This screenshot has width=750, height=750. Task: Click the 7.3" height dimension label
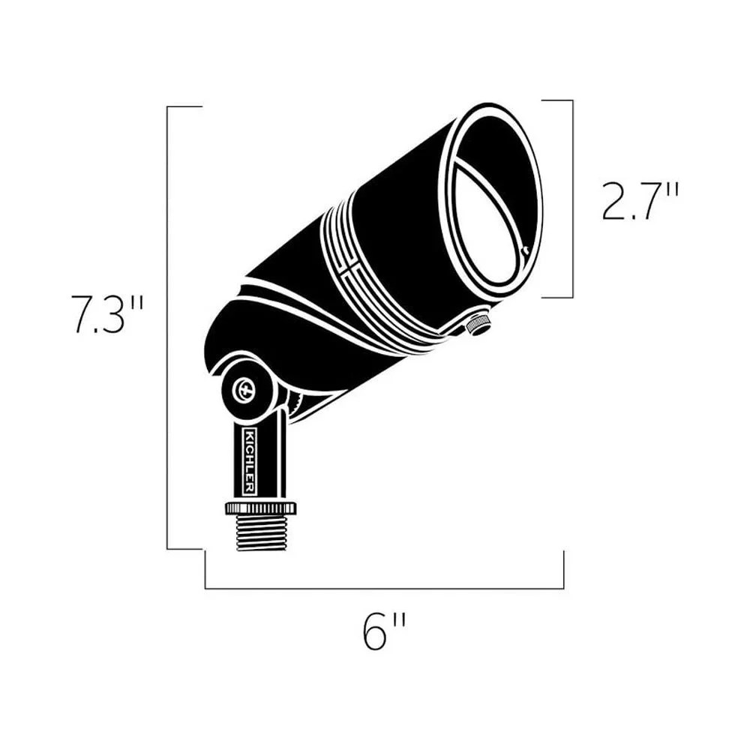pyautogui.click(x=107, y=313)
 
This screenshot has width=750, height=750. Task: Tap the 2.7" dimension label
pyautogui.click(x=639, y=201)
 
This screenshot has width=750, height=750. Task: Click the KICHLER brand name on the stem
pyautogui.click(x=250, y=461)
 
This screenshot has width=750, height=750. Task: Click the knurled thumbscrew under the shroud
pyautogui.click(x=479, y=325)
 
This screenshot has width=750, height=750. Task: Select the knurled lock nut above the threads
pyautogui.click(x=261, y=508)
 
